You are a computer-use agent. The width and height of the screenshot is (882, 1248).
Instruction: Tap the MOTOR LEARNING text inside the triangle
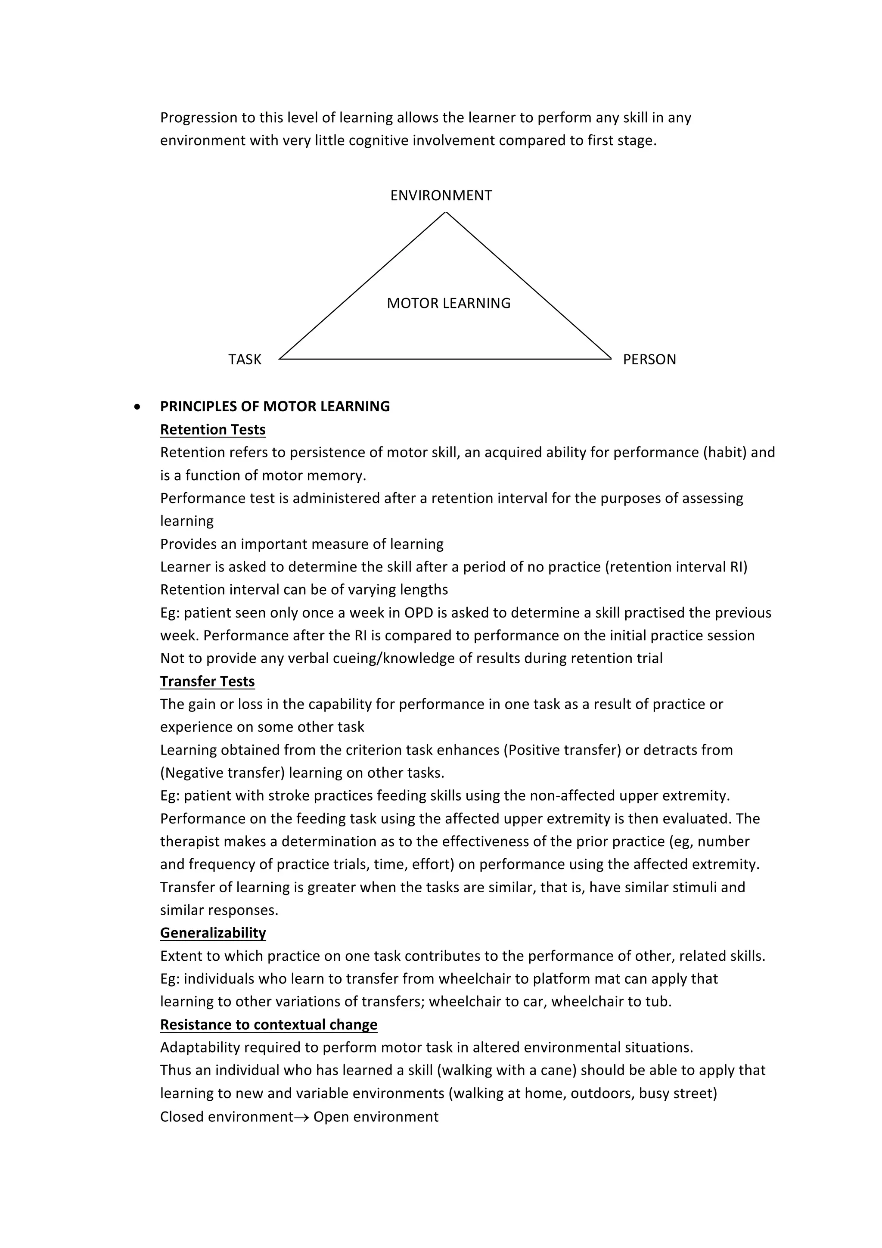(x=448, y=303)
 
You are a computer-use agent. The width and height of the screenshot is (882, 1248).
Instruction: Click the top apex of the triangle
(x=446, y=213)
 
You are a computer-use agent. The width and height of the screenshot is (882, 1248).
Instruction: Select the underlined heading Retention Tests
(x=212, y=430)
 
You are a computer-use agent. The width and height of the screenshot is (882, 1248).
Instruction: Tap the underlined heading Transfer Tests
(x=207, y=682)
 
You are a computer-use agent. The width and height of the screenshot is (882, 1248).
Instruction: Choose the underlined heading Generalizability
(x=212, y=933)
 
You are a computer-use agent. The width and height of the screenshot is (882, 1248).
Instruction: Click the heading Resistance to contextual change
(x=268, y=1024)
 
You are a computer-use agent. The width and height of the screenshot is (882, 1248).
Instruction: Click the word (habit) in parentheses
(x=724, y=453)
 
